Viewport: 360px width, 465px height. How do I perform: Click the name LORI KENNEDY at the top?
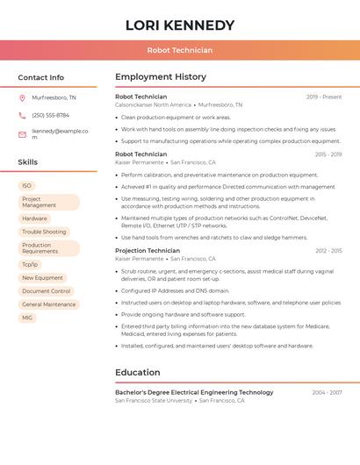(180, 25)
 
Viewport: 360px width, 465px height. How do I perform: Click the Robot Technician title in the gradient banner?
(180, 50)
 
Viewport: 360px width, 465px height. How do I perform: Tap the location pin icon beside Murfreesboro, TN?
(22, 97)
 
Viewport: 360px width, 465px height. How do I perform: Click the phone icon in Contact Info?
(22, 115)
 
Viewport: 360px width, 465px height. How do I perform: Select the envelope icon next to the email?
(22, 134)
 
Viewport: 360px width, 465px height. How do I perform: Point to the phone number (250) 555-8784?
(50, 115)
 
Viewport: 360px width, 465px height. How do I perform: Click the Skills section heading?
(28, 162)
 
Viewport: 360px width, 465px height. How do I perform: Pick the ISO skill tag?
(27, 185)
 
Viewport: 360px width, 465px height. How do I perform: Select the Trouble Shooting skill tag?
(44, 232)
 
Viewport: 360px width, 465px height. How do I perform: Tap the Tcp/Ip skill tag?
(30, 264)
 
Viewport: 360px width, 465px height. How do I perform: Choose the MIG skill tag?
(27, 318)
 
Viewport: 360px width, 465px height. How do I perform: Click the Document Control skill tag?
(47, 291)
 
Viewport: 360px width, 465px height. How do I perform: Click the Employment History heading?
(161, 77)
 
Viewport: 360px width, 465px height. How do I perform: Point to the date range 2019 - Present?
(324, 97)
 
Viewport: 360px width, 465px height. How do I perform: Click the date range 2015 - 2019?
(328, 154)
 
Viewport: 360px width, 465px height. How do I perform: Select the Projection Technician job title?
(148, 251)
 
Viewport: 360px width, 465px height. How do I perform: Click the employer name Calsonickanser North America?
(153, 104)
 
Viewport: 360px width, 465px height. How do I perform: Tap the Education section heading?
(137, 372)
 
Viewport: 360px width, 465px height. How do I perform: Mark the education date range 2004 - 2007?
(327, 392)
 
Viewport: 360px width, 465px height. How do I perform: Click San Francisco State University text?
(154, 400)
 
